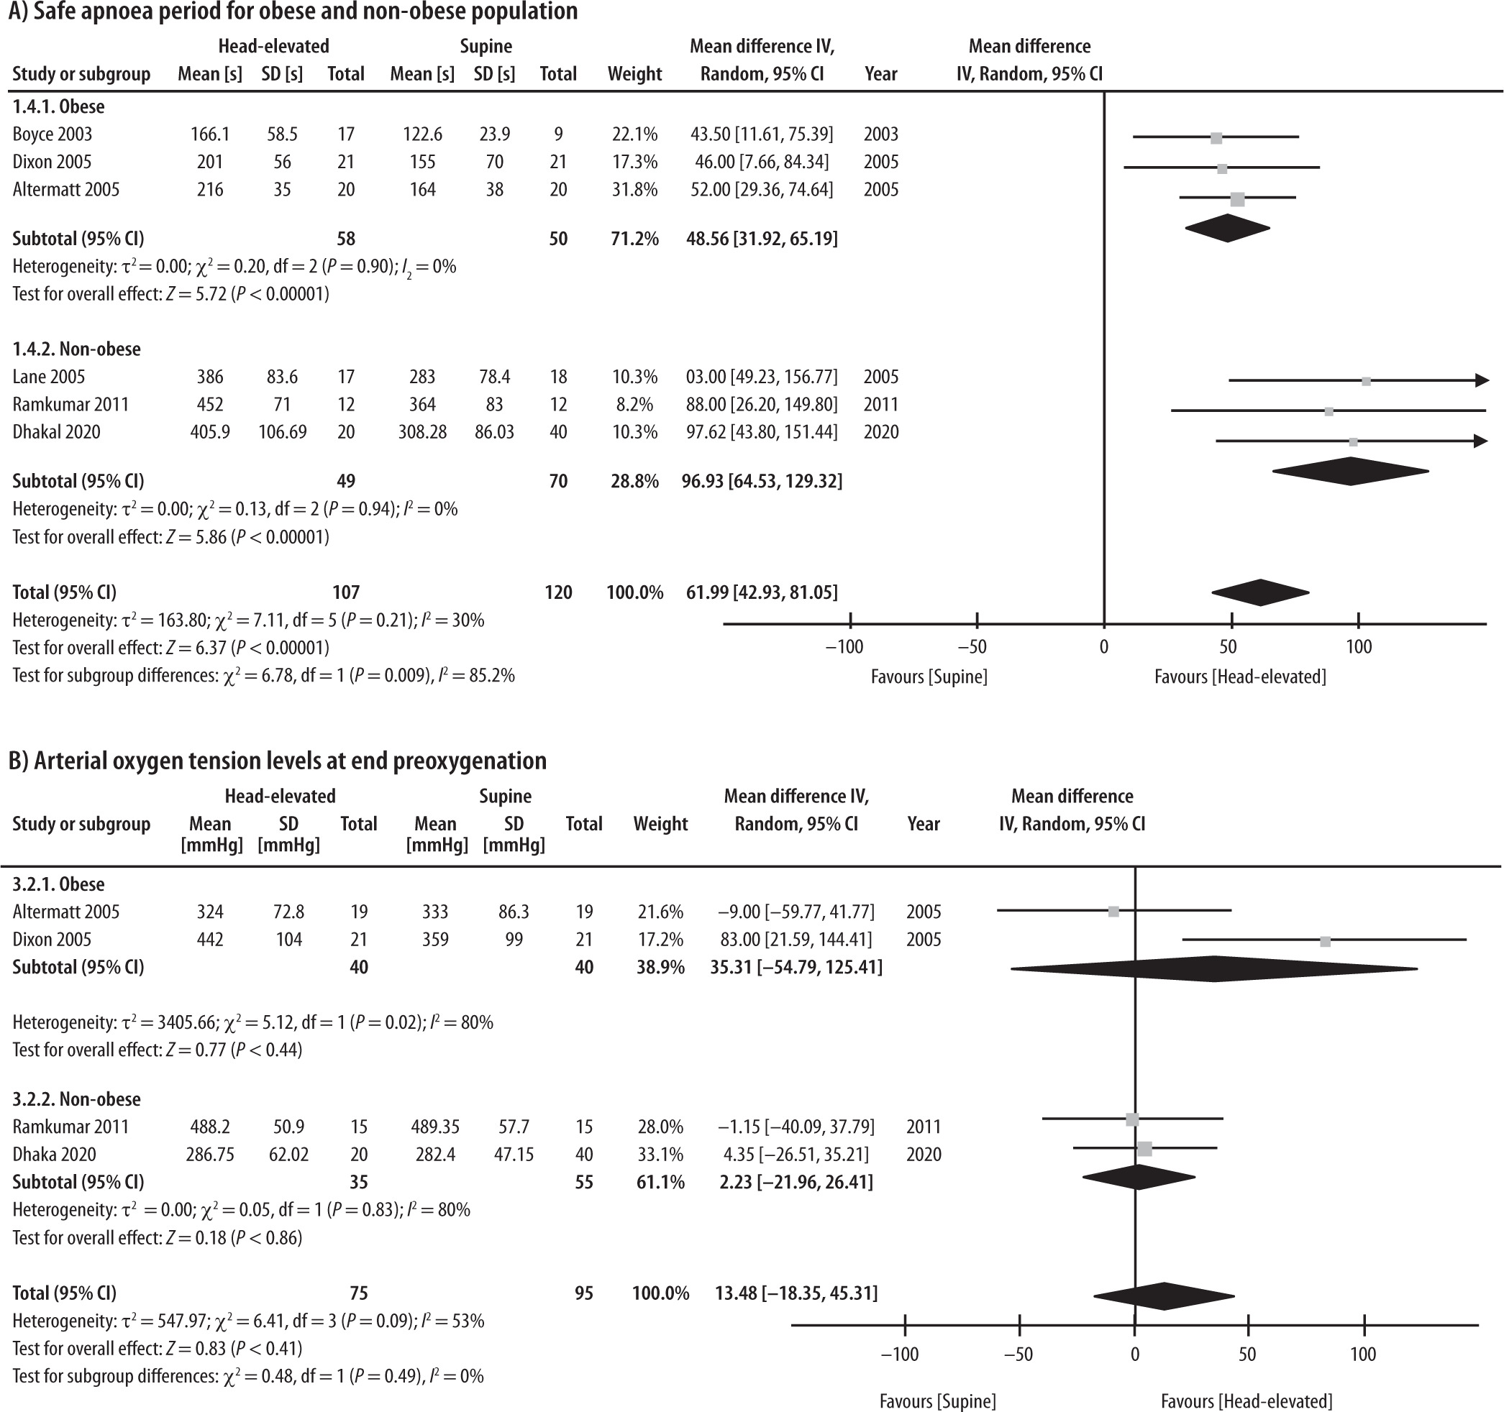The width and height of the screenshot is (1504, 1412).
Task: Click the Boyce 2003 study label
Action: pyautogui.click(x=53, y=134)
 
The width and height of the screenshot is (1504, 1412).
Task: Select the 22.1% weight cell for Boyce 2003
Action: pyautogui.click(x=634, y=134)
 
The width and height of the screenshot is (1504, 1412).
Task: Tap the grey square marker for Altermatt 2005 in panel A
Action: pyautogui.click(x=1237, y=200)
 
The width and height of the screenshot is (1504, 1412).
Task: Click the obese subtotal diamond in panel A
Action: pyautogui.click(x=1227, y=229)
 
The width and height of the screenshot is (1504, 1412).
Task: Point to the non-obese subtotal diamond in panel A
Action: pyautogui.click(x=1350, y=471)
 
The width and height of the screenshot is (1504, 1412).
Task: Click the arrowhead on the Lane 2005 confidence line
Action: pyautogui.click(x=1481, y=380)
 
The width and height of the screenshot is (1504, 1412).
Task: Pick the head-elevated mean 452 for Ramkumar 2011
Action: pyautogui.click(x=209, y=405)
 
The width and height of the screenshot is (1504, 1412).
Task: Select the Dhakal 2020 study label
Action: pyautogui.click(x=56, y=432)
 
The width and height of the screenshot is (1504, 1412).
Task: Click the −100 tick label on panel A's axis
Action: pyautogui.click(x=844, y=647)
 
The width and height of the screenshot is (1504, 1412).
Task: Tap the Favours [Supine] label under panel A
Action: pyautogui.click(x=929, y=677)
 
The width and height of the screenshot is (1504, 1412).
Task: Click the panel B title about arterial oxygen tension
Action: pyautogui.click(x=277, y=761)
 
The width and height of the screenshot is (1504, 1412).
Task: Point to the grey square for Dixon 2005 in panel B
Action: pyautogui.click(x=1325, y=942)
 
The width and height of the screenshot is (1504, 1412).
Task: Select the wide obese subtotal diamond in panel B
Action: pyautogui.click(x=1213, y=969)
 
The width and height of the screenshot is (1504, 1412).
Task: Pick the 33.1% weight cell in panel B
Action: pyautogui.click(x=660, y=1154)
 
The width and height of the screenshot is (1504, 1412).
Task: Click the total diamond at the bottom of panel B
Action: pyautogui.click(x=1164, y=1296)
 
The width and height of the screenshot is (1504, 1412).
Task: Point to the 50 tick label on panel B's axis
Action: pyautogui.click(x=1247, y=1354)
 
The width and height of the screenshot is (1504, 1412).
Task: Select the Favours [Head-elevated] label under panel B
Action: pyautogui.click(x=1246, y=1401)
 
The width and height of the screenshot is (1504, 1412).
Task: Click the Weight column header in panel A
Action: pyautogui.click(x=634, y=74)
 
